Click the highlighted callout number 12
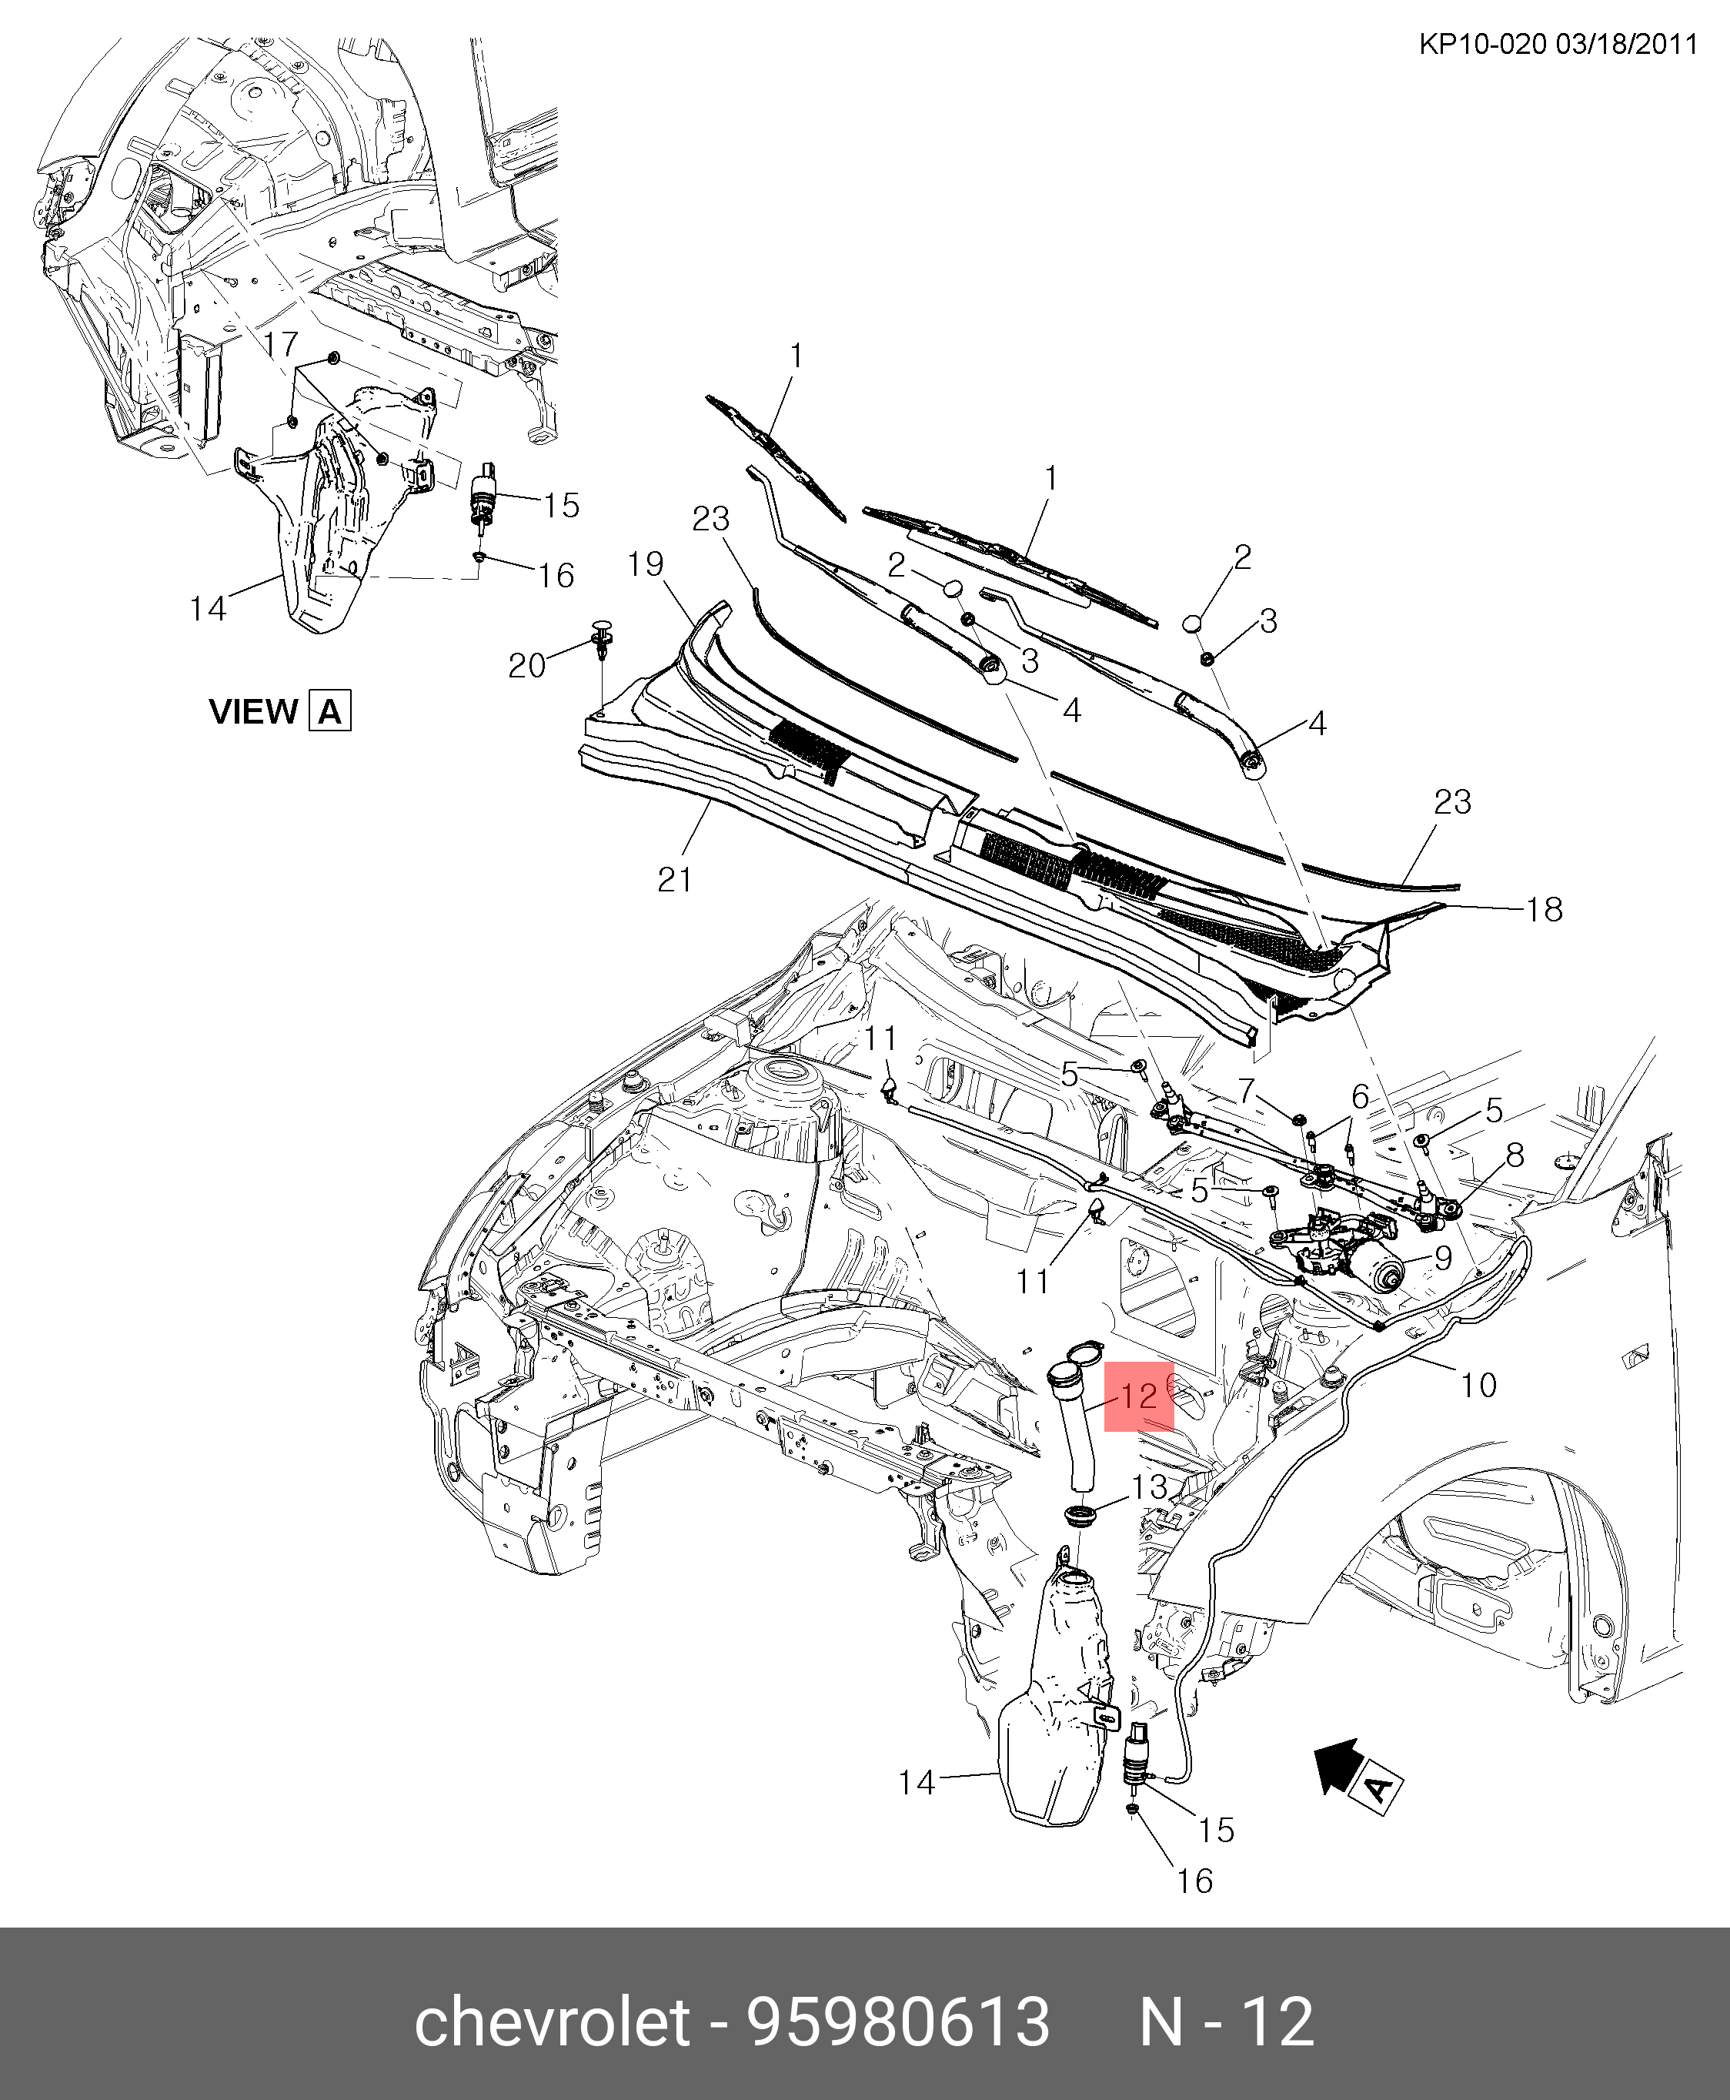[x=1138, y=1396]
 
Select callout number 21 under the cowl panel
[x=675, y=879]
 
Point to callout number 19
[x=646, y=564]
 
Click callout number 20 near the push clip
[x=527, y=665]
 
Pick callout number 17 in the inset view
[x=281, y=344]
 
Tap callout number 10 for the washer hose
[x=1479, y=1384]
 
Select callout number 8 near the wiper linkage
[x=1515, y=1155]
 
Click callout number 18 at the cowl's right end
[x=1544, y=909]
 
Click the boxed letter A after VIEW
[x=330, y=711]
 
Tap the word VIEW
[x=253, y=711]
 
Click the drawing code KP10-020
[x=1484, y=46]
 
